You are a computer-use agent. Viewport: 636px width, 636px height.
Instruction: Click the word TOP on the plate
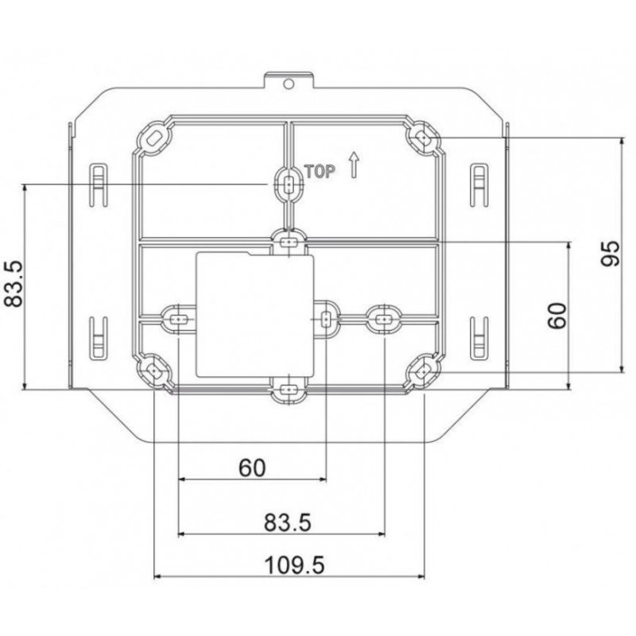(x=320, y=172)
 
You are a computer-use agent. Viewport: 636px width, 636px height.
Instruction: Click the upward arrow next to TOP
(x=354, y=165)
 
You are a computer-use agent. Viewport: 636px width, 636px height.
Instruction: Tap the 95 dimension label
(x=610, y=254)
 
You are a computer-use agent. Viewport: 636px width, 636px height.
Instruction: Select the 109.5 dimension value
(x=294, y=565)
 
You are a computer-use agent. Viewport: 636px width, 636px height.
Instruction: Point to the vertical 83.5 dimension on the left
(x=14, y=284)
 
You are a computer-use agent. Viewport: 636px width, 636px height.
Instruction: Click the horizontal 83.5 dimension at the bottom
(x=288, y=522)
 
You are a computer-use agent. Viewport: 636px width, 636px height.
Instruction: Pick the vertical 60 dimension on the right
(x=556, y=316)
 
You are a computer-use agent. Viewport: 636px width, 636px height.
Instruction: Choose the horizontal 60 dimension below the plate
(x=252, y=467)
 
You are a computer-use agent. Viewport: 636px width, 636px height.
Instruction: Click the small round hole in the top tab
(x=289, y=84)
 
